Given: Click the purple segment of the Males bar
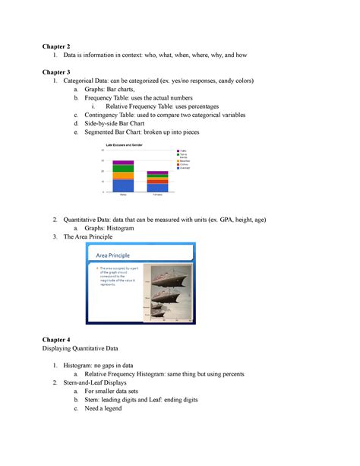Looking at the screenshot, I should coord(123,162).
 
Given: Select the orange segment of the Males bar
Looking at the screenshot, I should coord(123,176).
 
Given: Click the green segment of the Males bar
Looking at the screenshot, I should coord(123,168).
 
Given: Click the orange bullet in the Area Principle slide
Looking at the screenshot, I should coord(97,269).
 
